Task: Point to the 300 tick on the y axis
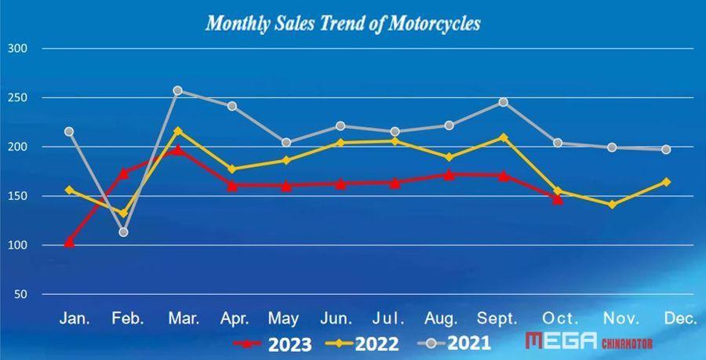(16, 49)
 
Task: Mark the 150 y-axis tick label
(16, 197)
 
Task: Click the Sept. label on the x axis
(497, 318)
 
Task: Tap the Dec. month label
(680, 318)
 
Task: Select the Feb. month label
(128, 318)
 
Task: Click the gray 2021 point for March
(177, 91)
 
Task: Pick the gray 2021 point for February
(123, 232)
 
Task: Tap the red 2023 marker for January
(69, 242)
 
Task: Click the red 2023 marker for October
(557, 199)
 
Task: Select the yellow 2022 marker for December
(666, 182)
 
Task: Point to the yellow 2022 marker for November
(611, 205)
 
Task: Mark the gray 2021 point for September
(503, 102)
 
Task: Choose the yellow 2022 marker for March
(177, 131)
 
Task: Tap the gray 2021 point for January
(69, 132)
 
